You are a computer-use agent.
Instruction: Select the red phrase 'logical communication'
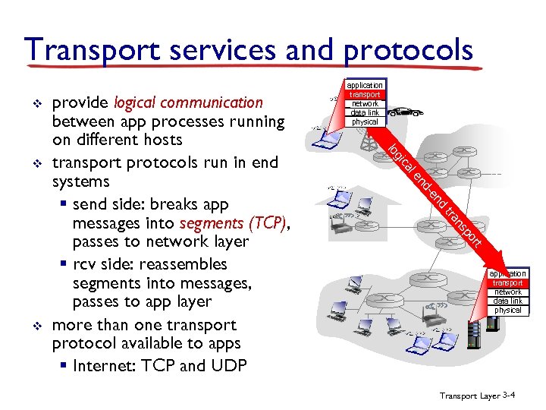(188, 102)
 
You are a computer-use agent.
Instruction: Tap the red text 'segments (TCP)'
(234, 223)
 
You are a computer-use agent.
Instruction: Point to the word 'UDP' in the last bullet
(228, 366)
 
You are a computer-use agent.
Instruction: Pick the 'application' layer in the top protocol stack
(365, 85)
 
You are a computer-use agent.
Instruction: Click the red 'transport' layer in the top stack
(365, 94)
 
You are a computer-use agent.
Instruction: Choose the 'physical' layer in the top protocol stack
(365, 121)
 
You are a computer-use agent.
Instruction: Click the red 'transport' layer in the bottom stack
(507, 283)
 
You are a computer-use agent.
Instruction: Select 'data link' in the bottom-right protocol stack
(507, 301)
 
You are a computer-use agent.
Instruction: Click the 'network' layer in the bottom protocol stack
(507, 292)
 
